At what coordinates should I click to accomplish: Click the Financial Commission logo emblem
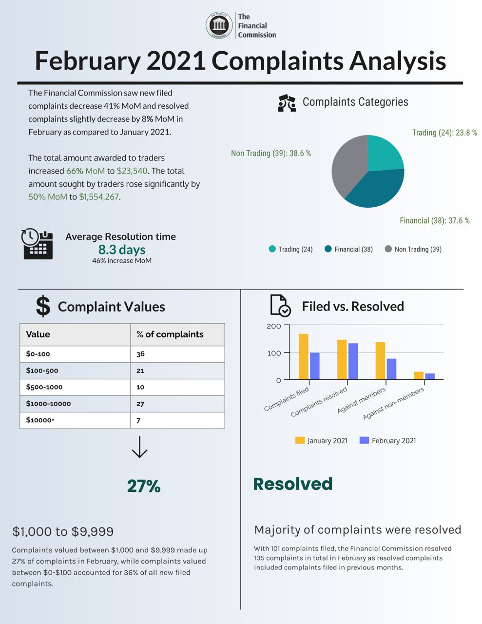(219, 25)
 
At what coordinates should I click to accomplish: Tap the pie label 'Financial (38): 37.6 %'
(434, 221)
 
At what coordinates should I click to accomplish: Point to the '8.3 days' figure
(122, 250)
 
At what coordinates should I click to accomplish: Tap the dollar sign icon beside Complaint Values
(43, 306)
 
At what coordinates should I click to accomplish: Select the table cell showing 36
(140, 354)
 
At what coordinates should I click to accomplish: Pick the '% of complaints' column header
(170, 334)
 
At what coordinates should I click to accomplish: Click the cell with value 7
(138, 420)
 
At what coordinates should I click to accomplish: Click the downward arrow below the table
(139, 447)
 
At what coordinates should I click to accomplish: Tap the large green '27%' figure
(143, 486)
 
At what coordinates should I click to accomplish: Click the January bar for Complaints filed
(303, 356)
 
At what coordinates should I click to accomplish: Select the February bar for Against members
(391, 369)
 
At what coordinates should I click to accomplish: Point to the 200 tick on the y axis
(274, 326)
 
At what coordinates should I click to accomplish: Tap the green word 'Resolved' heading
(292, 484)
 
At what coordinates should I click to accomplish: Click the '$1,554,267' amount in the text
(99, 197)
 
